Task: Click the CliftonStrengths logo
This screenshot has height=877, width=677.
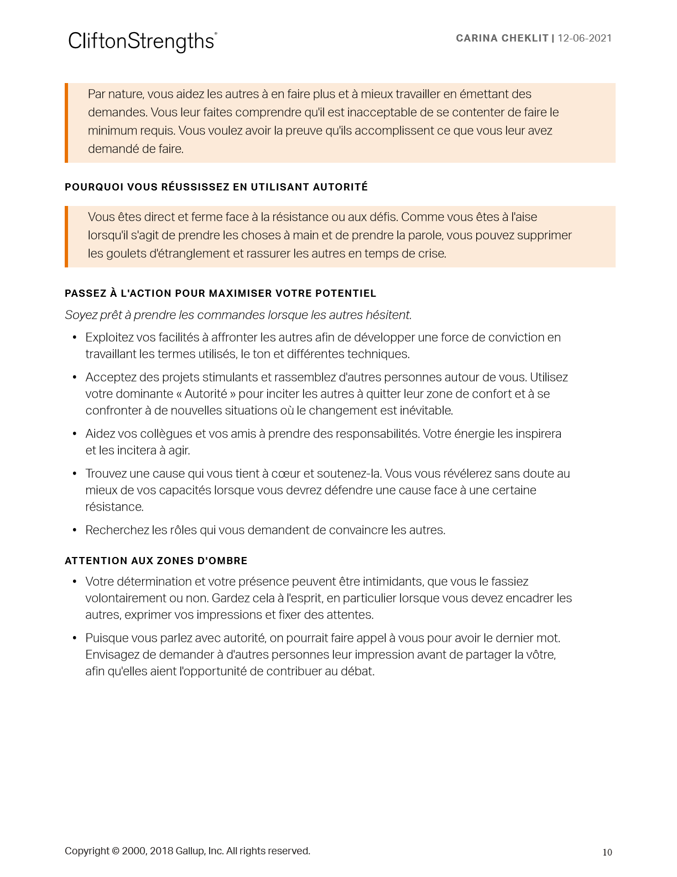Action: (x=142, y=41)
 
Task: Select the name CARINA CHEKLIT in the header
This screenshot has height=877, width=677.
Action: (x=502, y=38)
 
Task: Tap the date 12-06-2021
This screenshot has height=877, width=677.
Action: (x=585, y=38)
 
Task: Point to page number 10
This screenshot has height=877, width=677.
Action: (x=607, y=852)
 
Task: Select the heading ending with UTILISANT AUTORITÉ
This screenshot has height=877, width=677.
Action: (x=216, y=187)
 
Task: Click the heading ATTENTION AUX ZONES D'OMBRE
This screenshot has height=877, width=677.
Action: (x=156, y=561)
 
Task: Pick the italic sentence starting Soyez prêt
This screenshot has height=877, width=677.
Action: (x=238, y=315)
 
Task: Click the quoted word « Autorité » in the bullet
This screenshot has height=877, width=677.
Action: (x=206, y=394)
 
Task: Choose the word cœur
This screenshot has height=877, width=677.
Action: (x=285, y=473)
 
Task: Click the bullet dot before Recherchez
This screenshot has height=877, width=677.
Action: (x=75, y=530)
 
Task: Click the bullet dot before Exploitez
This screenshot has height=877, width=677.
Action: (x=75, y=338)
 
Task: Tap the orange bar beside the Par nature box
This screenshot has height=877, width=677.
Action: (x=66, y=122)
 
